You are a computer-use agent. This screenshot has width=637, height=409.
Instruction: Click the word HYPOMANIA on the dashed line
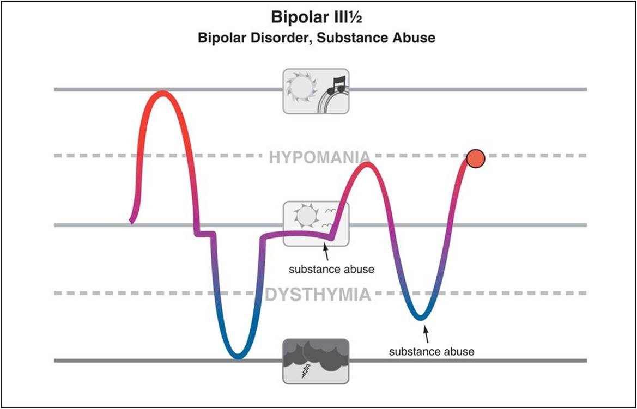319,157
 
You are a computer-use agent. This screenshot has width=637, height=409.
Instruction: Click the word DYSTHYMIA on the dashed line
318,295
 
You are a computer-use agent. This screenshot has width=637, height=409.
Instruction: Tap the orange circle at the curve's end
475,158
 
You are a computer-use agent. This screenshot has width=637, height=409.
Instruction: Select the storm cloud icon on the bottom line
316,361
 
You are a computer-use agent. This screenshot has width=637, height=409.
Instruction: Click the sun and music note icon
316,90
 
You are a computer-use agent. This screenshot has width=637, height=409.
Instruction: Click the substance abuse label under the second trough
432,352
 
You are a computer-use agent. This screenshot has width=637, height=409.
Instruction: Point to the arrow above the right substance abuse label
427,332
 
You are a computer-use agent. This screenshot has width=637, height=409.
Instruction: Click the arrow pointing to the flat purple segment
326,252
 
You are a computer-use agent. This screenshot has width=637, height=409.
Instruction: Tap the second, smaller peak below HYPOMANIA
367,164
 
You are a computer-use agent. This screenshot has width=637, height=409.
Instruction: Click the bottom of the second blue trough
421,317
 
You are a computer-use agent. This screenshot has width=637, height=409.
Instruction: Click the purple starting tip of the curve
131,221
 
